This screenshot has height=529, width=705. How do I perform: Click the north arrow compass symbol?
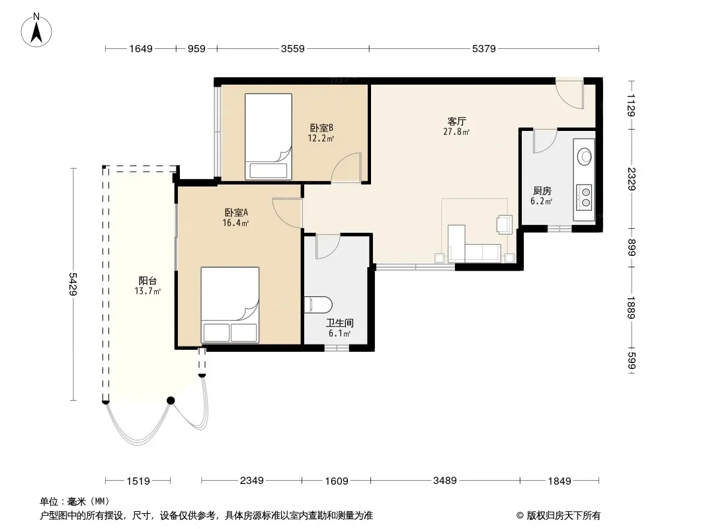tap(36, 30)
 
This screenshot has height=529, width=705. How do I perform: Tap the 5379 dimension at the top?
tap(484, 48)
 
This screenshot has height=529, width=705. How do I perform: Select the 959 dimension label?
tap(196, 48)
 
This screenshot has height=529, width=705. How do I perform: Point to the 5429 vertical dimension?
tap(73, 284)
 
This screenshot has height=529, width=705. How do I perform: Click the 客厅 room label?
tap(456, 122)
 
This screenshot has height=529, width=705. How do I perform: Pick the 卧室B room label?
tap(321, 128)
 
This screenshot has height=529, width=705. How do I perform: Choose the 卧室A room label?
tap(236, 212)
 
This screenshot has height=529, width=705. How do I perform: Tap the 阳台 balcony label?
tap(147, 281)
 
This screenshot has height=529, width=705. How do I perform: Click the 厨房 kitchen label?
tap(542, 191)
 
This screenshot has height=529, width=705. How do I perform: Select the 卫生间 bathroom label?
tap(339, 323)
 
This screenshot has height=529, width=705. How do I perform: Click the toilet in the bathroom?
tap(318, 305)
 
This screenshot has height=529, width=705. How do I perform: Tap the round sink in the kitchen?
tap(585, 157)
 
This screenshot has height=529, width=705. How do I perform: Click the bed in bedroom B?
tap(268, 137)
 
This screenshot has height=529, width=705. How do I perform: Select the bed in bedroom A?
tap(229, 305)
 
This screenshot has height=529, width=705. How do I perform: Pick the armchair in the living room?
tap(505, 225)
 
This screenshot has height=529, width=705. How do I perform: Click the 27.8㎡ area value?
tap(456, 132)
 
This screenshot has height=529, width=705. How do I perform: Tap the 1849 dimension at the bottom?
tap(560, 481)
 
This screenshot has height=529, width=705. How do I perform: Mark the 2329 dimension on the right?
tap(632, 179)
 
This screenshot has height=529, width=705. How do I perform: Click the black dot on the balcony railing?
tap(171, 401)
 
